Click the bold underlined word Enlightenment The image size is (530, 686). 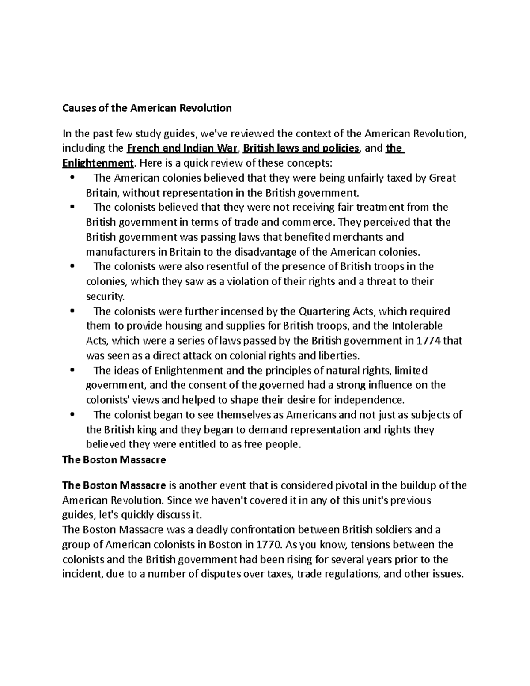click(x=98, y=163)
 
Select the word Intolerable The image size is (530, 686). click(x=417, y=326)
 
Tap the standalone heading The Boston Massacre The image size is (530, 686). click(x=114, y=459)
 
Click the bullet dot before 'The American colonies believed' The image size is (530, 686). click(x=73, y=178)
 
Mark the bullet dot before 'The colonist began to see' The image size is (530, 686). click(x=73, y=415)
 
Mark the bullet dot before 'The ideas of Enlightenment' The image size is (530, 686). click(x=73, y=371)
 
